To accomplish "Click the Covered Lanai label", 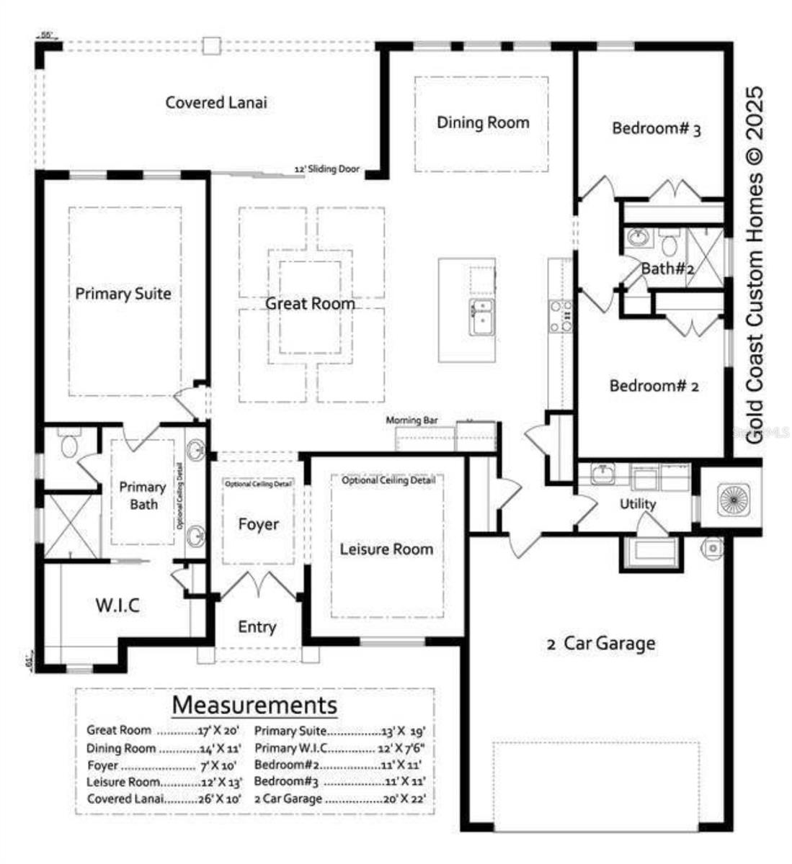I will click(x=216, y=102).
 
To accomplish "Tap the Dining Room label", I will click(x=483, y=122).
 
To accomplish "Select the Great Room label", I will click(x=310, y=303).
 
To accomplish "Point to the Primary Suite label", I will click(x=123, y=294).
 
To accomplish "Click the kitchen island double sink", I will click(x=481, y=318).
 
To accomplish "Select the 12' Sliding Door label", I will click(x=326, y=169).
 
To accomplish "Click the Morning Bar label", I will click(x=411, y=420).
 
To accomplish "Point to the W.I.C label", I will click(x=117, y=605).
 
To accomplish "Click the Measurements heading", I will click(x=254, y=703).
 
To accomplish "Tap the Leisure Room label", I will click(x=386, y=549).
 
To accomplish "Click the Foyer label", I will click(x=258, y=524).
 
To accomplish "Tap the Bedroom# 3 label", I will click(x=656, y=129).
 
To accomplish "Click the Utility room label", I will click(x=638, y=504).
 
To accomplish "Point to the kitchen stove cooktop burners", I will click(x=561, y=316).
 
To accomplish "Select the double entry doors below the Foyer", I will click(x=257, y=584).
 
